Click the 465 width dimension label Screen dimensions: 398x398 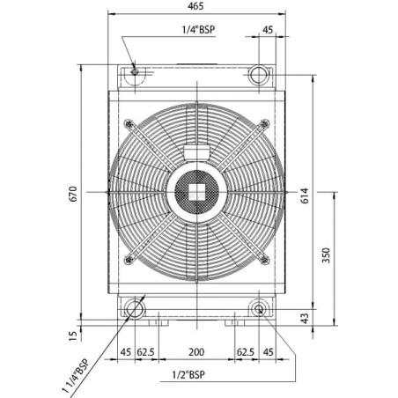[x=195, y=6]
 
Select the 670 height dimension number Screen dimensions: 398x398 [x=72, y=194]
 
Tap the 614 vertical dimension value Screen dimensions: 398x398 [x=305, y=195]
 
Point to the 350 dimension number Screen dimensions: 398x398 [x=326, y=255]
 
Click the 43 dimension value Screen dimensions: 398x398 [x=305, y=319]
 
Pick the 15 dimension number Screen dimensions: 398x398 [x=73, y=335]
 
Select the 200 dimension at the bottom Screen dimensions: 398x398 [x=196, y=352]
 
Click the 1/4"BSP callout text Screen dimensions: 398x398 [x=198, y=30]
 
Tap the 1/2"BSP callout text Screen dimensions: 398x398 [x=188, y=374]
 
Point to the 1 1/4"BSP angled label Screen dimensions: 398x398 [x=76, y=376]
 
